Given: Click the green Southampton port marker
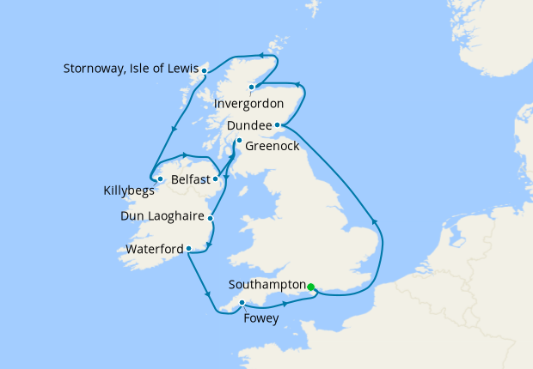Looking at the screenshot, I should tap(311, 287).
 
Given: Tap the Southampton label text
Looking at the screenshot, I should tap(268, 284).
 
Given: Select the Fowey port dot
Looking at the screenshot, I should tap(242, 302).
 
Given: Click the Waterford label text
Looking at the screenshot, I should tap(154, 249).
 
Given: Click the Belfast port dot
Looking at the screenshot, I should tap(215, 179).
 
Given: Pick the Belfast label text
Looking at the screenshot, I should tap(189, 180).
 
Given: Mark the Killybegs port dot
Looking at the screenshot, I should tap(161, 178).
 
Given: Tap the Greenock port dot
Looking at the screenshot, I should tap(239, 141).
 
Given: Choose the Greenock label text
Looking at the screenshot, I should tap(272, 147).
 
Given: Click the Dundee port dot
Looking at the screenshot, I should tap(277, 125).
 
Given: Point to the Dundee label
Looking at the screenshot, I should tap(250, 126).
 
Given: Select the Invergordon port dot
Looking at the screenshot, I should tap(251, 87).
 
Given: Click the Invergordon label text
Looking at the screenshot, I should tap(272, 104).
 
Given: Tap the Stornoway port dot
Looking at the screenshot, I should tap(205, 69).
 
